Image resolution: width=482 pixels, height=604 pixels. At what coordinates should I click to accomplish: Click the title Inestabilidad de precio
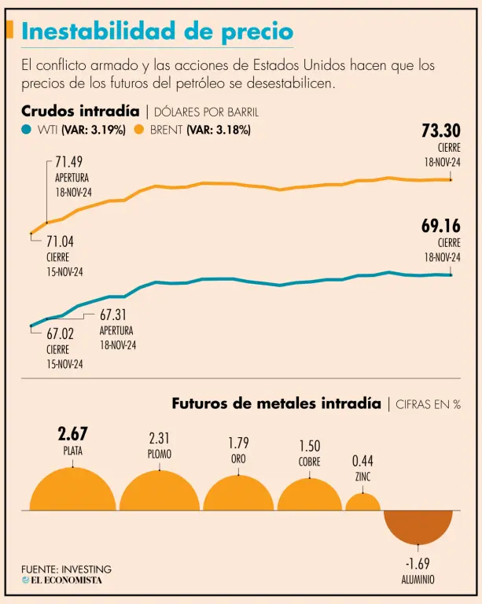[x=158, y=31]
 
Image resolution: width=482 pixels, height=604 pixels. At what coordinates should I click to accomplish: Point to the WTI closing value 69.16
[x=440, y=226]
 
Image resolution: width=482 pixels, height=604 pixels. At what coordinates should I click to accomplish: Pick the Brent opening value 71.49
[x=69, y=162]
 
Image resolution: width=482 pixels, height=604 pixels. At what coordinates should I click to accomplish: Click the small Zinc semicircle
[x=362, y=503]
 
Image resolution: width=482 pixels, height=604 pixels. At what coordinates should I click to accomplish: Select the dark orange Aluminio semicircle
[x=418, y=524]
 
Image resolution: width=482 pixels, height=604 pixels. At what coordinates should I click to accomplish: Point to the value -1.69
[x=418, y=564]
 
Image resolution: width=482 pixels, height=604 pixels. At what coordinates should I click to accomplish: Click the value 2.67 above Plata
[x=72, y=434]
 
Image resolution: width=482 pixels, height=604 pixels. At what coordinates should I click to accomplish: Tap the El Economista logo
[x=61, y=580]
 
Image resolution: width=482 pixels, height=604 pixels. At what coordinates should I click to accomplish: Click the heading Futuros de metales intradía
[x=276, y=403]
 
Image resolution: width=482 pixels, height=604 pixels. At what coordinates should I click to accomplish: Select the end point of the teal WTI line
[x=451, y=275]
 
